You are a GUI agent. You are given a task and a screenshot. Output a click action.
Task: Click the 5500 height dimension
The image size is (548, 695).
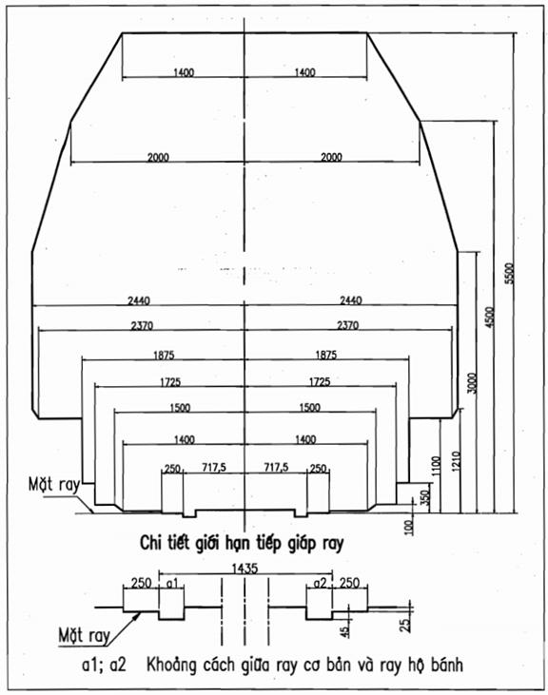click(x=510, y=274)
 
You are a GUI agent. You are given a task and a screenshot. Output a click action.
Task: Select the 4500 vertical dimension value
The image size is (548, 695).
click(x=489, y=318)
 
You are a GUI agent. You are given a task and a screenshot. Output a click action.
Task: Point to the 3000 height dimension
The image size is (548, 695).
click(x=473, y=383)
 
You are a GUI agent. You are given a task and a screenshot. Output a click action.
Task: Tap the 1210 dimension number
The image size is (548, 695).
click(x=457, y=461)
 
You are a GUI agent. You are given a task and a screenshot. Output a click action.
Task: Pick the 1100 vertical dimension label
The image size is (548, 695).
click(x=437, y=466)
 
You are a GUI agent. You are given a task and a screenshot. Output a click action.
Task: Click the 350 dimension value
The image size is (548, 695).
click(x=424, y=497)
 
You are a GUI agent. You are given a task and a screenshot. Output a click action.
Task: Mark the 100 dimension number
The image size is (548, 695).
click(x=409, y=527)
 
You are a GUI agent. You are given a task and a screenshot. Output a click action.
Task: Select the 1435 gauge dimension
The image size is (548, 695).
click(x=245, y=569)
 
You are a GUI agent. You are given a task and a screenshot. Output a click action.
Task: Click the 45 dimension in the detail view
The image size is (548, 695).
click(x=345, y=629)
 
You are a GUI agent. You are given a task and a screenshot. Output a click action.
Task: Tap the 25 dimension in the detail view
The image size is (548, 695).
click(x=404, y=625)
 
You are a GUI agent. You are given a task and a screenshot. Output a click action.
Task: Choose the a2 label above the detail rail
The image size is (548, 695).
click(x=320, y=584)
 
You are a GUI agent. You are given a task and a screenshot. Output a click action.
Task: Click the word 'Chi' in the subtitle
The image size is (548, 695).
click(x=149, y=543)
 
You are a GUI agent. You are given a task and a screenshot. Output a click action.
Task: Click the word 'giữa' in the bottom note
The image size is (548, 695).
click(x=256, y=664)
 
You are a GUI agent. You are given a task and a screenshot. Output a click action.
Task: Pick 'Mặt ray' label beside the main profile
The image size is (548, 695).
click(x=53, y=484)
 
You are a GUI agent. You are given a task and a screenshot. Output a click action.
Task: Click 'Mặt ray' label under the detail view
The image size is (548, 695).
click(x=84, y=635)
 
